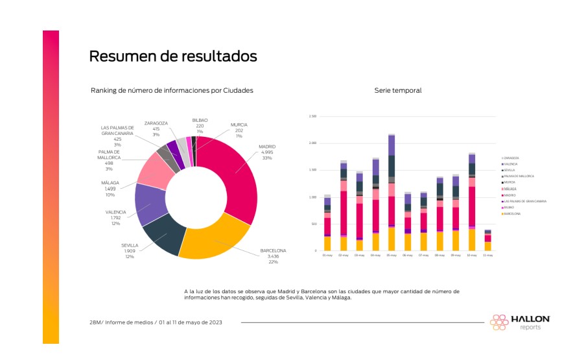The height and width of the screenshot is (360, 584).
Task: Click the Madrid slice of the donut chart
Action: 237,172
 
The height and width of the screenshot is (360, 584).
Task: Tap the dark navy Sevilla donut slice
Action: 166,234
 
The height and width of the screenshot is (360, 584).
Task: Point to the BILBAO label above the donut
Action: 200,120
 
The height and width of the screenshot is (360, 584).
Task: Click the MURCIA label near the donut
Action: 239,125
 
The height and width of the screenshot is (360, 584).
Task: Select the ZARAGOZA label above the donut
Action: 156,123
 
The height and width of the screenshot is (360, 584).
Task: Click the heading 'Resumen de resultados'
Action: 172,57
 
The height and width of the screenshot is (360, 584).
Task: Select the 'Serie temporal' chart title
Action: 398,90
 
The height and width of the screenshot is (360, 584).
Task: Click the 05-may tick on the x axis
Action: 391,256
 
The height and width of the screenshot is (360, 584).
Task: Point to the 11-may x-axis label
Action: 488,256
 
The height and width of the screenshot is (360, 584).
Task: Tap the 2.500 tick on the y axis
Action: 312,116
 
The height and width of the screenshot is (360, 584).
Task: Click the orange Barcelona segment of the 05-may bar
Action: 391,239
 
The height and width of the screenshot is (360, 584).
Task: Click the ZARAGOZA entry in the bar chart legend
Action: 513,158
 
